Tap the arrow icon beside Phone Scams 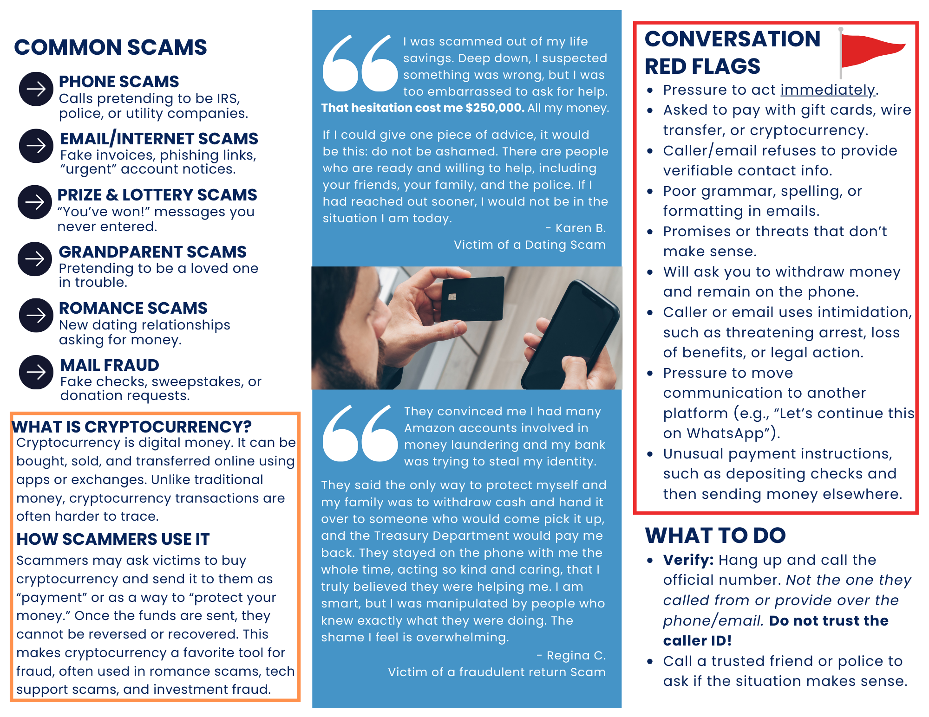[x=36, y=89]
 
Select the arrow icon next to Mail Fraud [x=36, y=372]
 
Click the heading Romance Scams [x=133, y=308]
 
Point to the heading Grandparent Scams [x=152, y=252]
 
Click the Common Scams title [x=111, y=47]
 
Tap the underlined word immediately [x=827, y=90]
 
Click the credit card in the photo [x=472, y=298]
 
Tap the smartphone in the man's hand [x=571, y=334]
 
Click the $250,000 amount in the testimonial [x=495, y=108]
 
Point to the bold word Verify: [x=688, y=560]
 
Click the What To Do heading [x=715, y=535]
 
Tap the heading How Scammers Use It [x=113, y=539]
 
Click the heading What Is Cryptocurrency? [x=131, y=426]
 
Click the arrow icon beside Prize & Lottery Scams [x=35, y=202]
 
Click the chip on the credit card [x=451, y=297]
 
